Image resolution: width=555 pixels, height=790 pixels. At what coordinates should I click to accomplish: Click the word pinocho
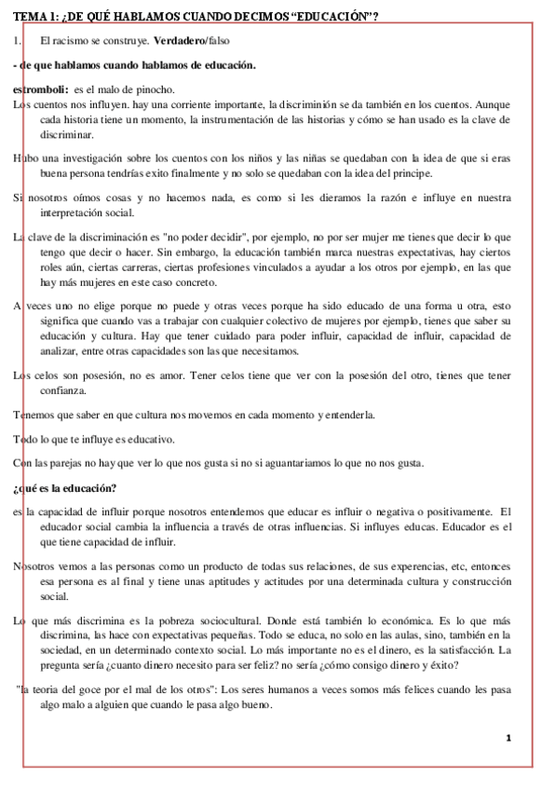[x=154, y=89]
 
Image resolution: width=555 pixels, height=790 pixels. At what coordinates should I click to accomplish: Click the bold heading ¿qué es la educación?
[x=65, y=487]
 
